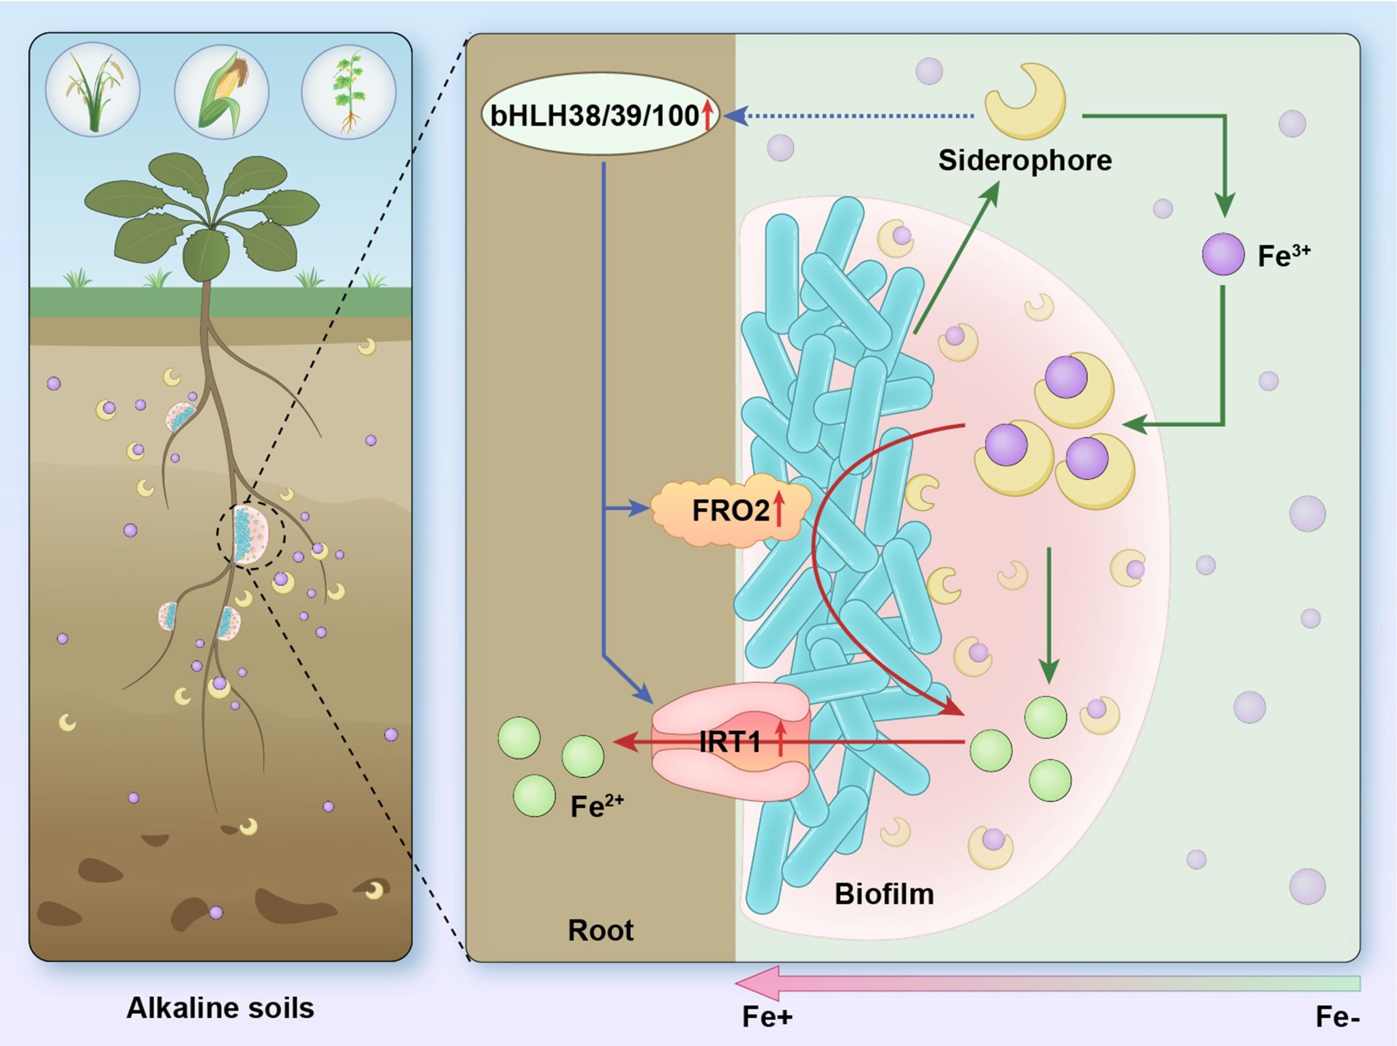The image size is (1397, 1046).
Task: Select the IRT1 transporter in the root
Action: (x=730, y=741)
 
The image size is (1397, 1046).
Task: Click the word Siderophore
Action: (x=1025, y=160)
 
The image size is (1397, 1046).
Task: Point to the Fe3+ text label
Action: (x=1283, y=255)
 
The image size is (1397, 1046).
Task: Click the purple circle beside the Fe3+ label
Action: (x=1223, y=254)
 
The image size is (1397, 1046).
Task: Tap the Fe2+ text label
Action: (x=596, y=806)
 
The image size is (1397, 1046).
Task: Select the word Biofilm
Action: (x=884, y=894)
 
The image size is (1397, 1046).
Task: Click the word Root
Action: (x=600, y=930)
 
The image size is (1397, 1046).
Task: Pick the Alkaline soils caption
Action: (x=220, y=1008)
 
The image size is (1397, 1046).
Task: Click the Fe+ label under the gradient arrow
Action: (x=767, y=1017)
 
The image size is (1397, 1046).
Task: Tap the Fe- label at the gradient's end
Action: (x=1337, y=1017)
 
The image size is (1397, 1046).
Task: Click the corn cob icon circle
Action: (x=222, y=91)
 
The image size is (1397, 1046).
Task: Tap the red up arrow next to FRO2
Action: (x=779, y=510)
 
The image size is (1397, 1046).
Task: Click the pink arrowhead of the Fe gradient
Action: (x=757, y=983)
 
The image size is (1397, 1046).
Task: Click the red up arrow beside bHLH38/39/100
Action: (x=707, y=115)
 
